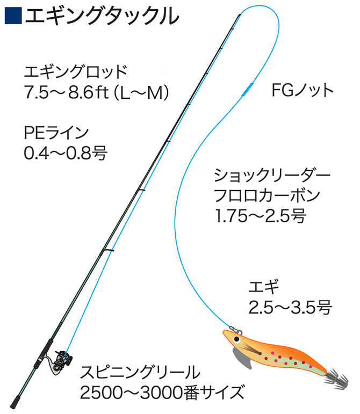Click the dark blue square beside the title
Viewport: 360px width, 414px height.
coord(12,16)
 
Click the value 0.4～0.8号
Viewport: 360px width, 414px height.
coord(66,154)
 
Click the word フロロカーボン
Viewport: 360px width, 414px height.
coord(267,196)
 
